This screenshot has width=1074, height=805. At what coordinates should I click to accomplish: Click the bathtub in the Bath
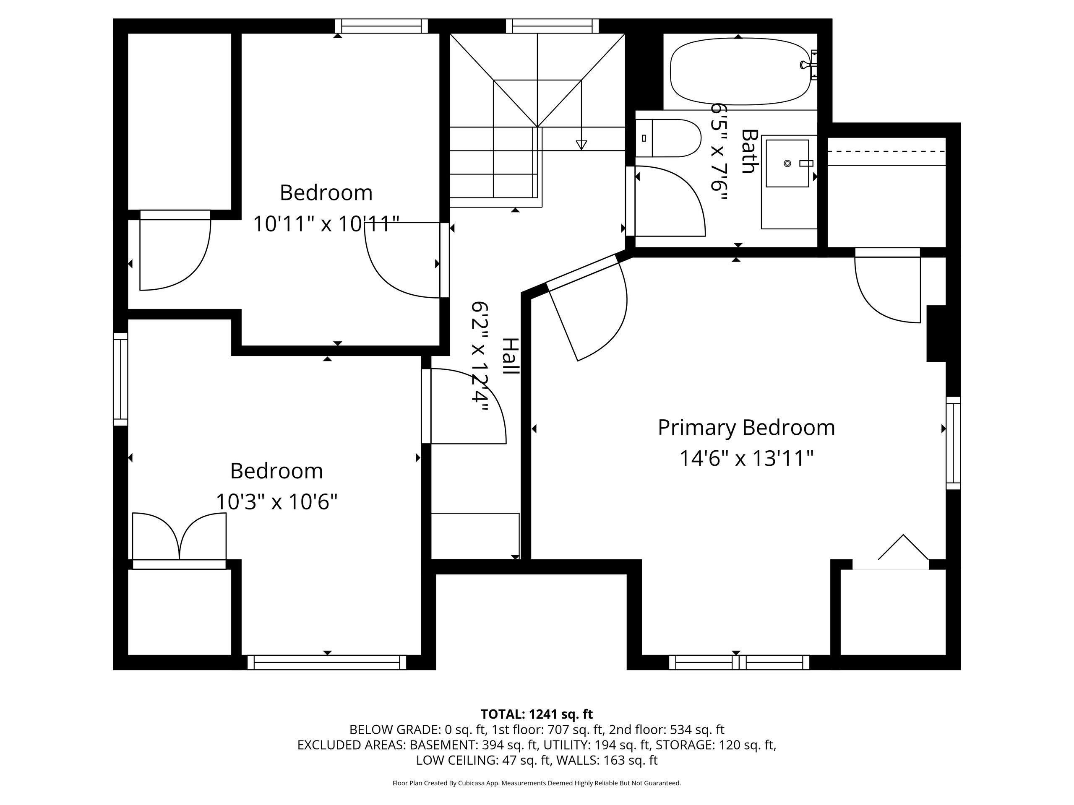point(740,71)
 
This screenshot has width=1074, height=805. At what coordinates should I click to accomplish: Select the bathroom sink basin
point(787,163)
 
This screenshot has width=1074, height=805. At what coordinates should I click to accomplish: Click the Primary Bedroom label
point(746,428)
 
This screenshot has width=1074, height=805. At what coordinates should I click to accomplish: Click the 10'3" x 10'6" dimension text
point(276,502)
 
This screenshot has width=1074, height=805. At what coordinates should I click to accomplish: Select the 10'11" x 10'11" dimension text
point(326,224)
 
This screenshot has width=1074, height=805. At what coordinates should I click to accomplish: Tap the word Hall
point(510,356)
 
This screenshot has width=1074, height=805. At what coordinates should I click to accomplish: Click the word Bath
point(750,151)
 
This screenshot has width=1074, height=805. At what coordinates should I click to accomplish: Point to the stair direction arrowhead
point(581,145)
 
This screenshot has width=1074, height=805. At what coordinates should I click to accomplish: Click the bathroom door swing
point(670,201)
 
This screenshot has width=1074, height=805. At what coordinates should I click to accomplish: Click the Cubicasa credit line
point(537,783)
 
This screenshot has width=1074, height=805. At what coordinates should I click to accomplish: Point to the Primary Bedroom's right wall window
point(953,443)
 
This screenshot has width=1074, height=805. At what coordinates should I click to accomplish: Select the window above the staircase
point(552,26)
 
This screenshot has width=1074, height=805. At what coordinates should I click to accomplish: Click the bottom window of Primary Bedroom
point(739,662)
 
